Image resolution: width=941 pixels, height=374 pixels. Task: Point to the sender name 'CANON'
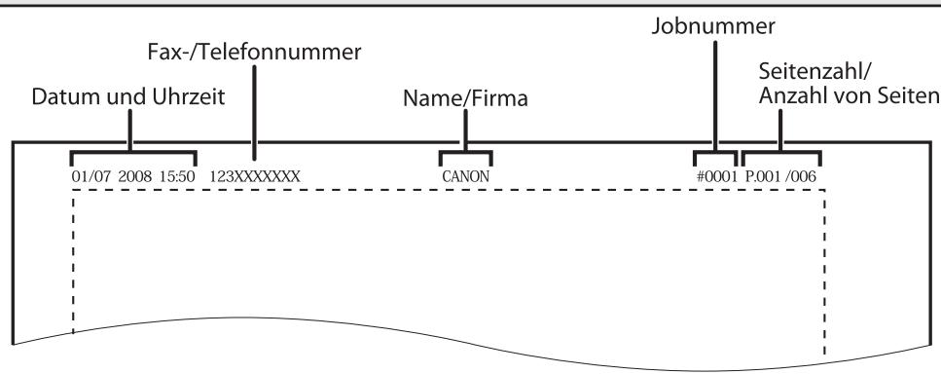tap(465, 176)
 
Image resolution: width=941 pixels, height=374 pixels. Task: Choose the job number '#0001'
tap(715, 176)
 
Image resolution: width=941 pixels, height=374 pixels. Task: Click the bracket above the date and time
tap(132, 153)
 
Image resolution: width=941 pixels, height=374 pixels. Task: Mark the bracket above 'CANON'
tap(465, 153)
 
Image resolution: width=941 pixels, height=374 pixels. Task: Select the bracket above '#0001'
tap(715, 153)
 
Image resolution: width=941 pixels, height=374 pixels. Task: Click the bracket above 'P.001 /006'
tap(781, 153)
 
